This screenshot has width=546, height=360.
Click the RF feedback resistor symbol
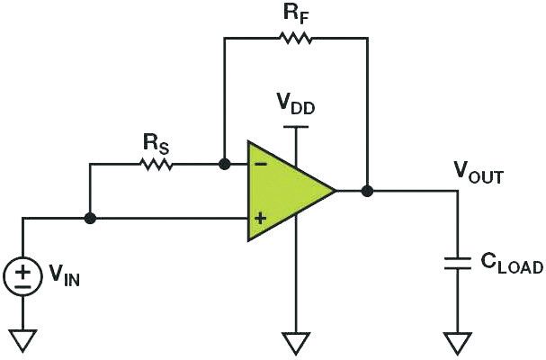pyautogui.click(x=294, y=38)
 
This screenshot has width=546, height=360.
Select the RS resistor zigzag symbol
pyautogui.click(x=157, y=165)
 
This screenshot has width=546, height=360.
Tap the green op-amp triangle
pyautogui.click(x=284, y=191)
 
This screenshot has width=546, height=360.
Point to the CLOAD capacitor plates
pyautogui.click(x=458, y=263)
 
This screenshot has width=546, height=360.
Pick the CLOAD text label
pyautogui.click(x=508, y=265)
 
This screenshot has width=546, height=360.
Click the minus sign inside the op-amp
pyautogui.click(x=259, y=165)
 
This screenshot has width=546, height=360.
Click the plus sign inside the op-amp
pyautogui.click(x=260, y=218)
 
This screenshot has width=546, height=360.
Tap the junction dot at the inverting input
pyautogui.click(x=224, y=165)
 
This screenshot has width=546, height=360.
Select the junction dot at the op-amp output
pyautogui.click(x=367, y=191)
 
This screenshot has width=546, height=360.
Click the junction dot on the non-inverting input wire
pyautogui.click(x=90, y=218)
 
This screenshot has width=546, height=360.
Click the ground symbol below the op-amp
pyautogui.click(x=294, y=343)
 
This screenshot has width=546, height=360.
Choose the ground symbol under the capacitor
pyautogui.click(x=458, y=343)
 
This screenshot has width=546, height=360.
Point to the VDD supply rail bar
pyautogui.click(x=294, y=127)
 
